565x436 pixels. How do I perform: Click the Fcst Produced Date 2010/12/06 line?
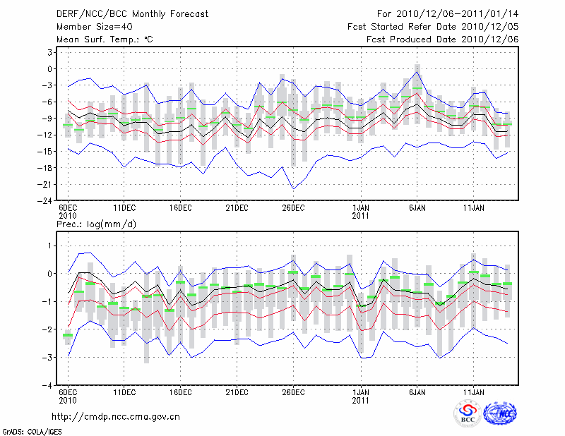[x=443, y=40]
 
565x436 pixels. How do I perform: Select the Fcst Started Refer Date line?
[x=434, y=27]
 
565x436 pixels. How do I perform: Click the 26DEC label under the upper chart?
[x=293, y=208]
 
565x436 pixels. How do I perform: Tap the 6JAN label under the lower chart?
[x=417, y=394]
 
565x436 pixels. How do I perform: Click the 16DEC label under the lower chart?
[x=180, y=394]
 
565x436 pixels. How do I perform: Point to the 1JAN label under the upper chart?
[x=361, y=208]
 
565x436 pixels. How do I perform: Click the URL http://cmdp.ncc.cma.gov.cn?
[x=116, y=416]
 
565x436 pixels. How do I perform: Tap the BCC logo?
[x=468, y=414]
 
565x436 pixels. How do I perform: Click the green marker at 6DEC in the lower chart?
[x=68, y=335]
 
